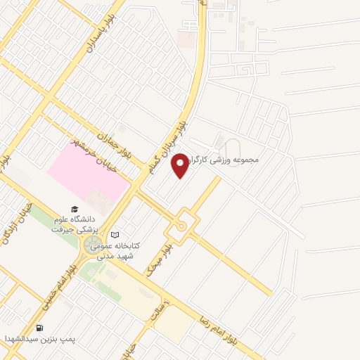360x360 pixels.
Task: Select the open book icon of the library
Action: [116, 235]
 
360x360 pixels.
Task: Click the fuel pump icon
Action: [39, 328]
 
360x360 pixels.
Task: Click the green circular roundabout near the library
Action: [91, 246]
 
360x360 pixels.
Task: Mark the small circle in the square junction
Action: [181, 226]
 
